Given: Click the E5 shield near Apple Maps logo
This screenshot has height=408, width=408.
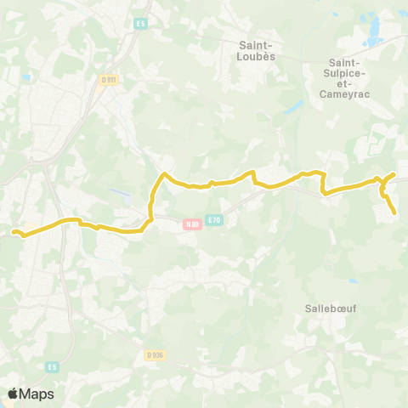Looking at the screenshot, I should coord(53,366).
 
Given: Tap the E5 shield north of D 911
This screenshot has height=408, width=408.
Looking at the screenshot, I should coord(140,24).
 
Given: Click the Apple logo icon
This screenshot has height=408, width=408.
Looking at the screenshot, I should coord(13,394).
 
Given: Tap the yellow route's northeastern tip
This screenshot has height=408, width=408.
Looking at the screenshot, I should coord(394,174).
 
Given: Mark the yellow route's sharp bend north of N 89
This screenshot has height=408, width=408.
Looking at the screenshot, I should coord(163,174).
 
